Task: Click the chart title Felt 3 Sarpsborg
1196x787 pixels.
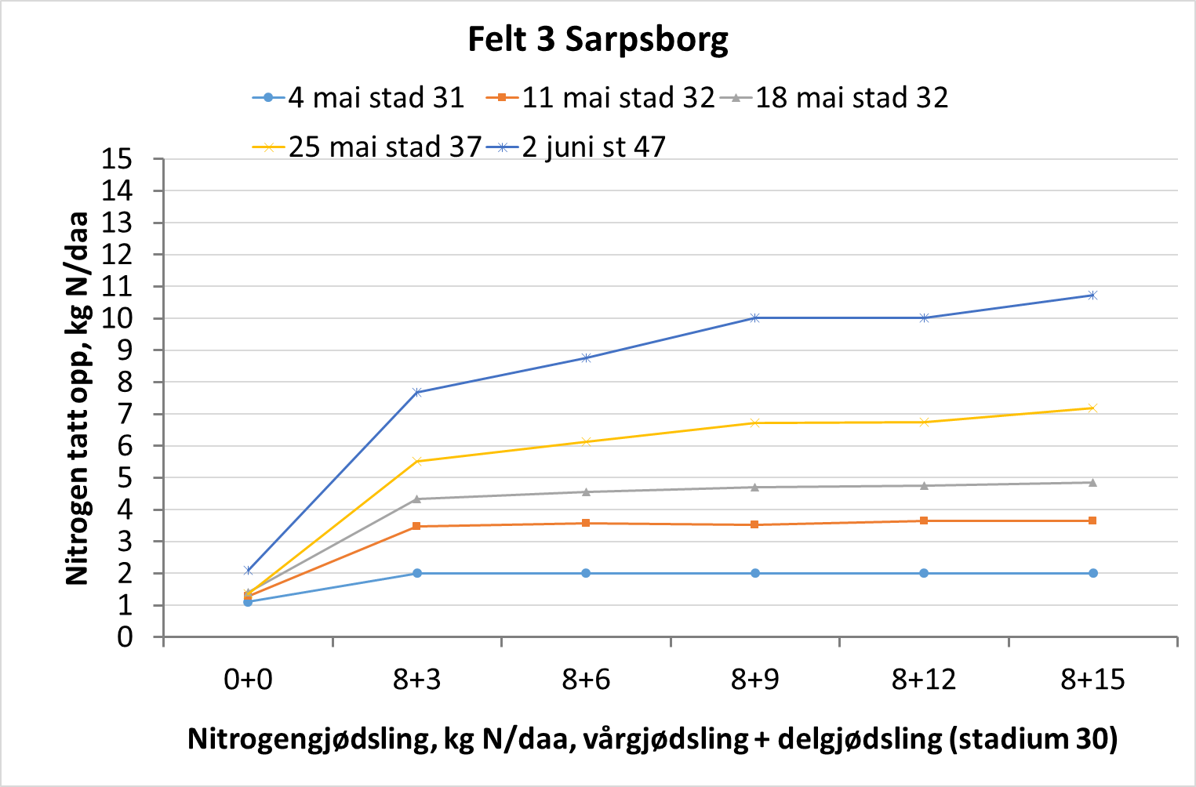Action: [598, 39]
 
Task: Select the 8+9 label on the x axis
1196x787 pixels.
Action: [754, 680]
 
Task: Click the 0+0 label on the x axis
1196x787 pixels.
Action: [248, 680]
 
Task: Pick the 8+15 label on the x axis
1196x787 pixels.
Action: [1092, 680]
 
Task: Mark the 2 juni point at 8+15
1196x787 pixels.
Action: [1092, 296]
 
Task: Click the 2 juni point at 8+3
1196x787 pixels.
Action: [417, 392]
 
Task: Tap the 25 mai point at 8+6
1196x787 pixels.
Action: [586, 442]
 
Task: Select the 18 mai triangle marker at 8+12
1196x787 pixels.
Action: [924, 486]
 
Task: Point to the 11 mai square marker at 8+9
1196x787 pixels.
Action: [754, 524]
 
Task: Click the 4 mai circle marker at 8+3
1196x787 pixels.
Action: [417, 573]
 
